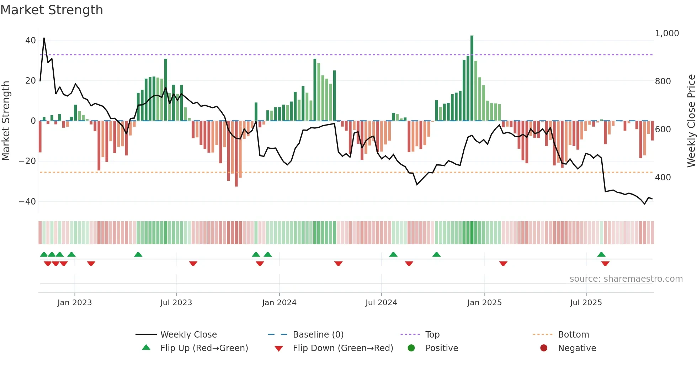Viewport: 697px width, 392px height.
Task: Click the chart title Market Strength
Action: tap(52, 10)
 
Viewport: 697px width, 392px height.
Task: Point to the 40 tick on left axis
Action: tap(31, 41)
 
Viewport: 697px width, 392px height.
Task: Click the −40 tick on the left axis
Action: tap(27, 202)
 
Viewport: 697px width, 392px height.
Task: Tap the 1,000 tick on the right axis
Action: tap(667, 33)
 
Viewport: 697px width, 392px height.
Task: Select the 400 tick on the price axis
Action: tap(663, 178)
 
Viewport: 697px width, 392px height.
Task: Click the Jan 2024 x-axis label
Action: tap(279, 303)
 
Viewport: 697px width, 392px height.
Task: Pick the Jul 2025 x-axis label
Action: tap(586, 303)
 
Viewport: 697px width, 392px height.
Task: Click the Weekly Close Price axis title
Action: tap(691, 121)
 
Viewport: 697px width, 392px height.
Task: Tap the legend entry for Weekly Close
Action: tap(188, 335)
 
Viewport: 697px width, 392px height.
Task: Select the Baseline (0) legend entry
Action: tap(318, 335)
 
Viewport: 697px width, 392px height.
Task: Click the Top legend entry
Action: tap(432, 335)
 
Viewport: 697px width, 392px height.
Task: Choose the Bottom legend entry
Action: tap(573, 335)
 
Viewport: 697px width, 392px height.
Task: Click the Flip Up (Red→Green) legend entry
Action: tap(204, 348)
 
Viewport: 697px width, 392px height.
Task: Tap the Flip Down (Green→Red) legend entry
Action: tap(343, 348)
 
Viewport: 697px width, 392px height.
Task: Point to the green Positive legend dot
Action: tap(411, 348)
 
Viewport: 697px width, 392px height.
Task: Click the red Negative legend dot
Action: tap(544, 348)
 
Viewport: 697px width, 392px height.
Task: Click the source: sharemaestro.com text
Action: tap(626, 279)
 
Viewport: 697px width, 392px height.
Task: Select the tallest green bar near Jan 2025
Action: tap(472, 78)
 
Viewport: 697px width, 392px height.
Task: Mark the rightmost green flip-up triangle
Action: tap(601, 255)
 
